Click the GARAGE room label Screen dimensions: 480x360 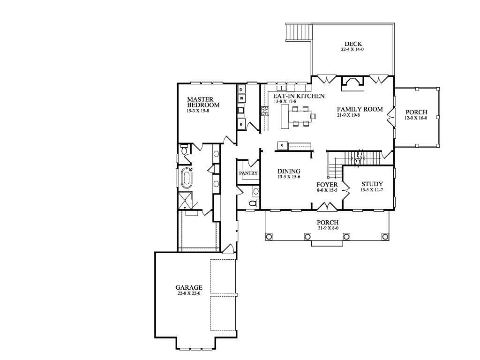point(189,287)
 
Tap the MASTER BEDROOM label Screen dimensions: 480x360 point(203,102)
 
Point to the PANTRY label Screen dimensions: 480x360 point(248,173)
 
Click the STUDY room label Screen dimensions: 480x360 point(372,184)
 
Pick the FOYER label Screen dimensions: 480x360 point(327,185)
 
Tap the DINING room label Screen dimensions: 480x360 point(289,171)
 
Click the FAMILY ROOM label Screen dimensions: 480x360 point(360,109)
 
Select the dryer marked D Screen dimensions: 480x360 point(241,90)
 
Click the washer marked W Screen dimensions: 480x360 point(241,98)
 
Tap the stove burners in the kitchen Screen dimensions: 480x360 point(265,111)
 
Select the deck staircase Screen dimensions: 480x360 point(299,32)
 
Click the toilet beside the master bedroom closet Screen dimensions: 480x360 point(184,150)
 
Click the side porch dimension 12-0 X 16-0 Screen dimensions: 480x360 point(416,118)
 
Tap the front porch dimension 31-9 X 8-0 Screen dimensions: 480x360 point(328,228)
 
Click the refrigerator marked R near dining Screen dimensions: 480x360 point(282,146)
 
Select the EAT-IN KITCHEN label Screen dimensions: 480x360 point(299,96)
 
